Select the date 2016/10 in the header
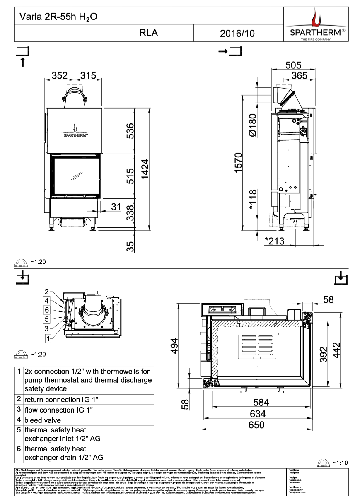[237, 33]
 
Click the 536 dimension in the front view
[130, 132]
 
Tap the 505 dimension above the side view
[293, 65]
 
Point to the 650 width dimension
[256, 425]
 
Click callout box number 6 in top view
[47, 310]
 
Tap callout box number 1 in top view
[48, 338]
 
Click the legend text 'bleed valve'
[43, 420]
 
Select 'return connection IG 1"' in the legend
[62, 400]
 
